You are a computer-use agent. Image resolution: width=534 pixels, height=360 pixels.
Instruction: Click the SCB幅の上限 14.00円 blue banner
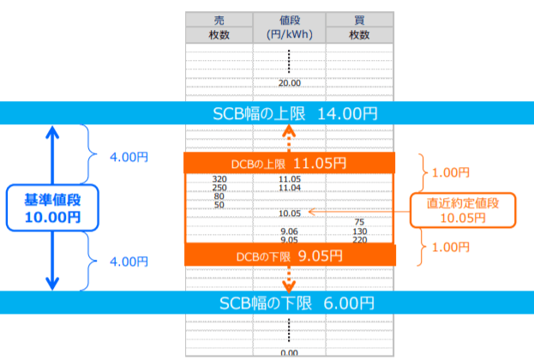tap(267, 112)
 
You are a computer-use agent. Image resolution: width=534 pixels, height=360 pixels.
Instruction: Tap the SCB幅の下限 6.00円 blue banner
tap(267, 303)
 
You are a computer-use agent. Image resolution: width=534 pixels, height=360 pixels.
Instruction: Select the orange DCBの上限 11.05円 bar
tap(289, 163)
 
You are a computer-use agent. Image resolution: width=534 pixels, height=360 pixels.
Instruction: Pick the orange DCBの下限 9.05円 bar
tap(289, 255)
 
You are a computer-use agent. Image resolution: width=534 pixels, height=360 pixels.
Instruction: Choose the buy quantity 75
tap(359, 222)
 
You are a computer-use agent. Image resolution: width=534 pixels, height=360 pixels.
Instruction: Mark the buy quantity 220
tap(359, 240)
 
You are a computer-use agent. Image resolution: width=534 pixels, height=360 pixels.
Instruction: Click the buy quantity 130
tap(359, 231)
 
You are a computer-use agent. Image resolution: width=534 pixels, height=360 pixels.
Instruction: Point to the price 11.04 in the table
tap(289, 188)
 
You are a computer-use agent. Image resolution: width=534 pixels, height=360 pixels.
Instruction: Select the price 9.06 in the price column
tap(289, 231)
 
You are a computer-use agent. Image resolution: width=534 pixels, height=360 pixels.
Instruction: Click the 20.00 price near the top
tap(289, 83)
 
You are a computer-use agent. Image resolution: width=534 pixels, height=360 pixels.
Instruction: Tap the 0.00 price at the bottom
tap(289, 352)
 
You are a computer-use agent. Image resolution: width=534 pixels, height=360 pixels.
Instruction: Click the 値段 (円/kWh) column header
tap(289, 27)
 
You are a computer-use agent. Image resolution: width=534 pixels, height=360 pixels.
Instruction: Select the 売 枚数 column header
tap(219, 27)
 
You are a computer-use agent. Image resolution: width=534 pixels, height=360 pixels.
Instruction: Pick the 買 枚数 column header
tap(359, 27)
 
